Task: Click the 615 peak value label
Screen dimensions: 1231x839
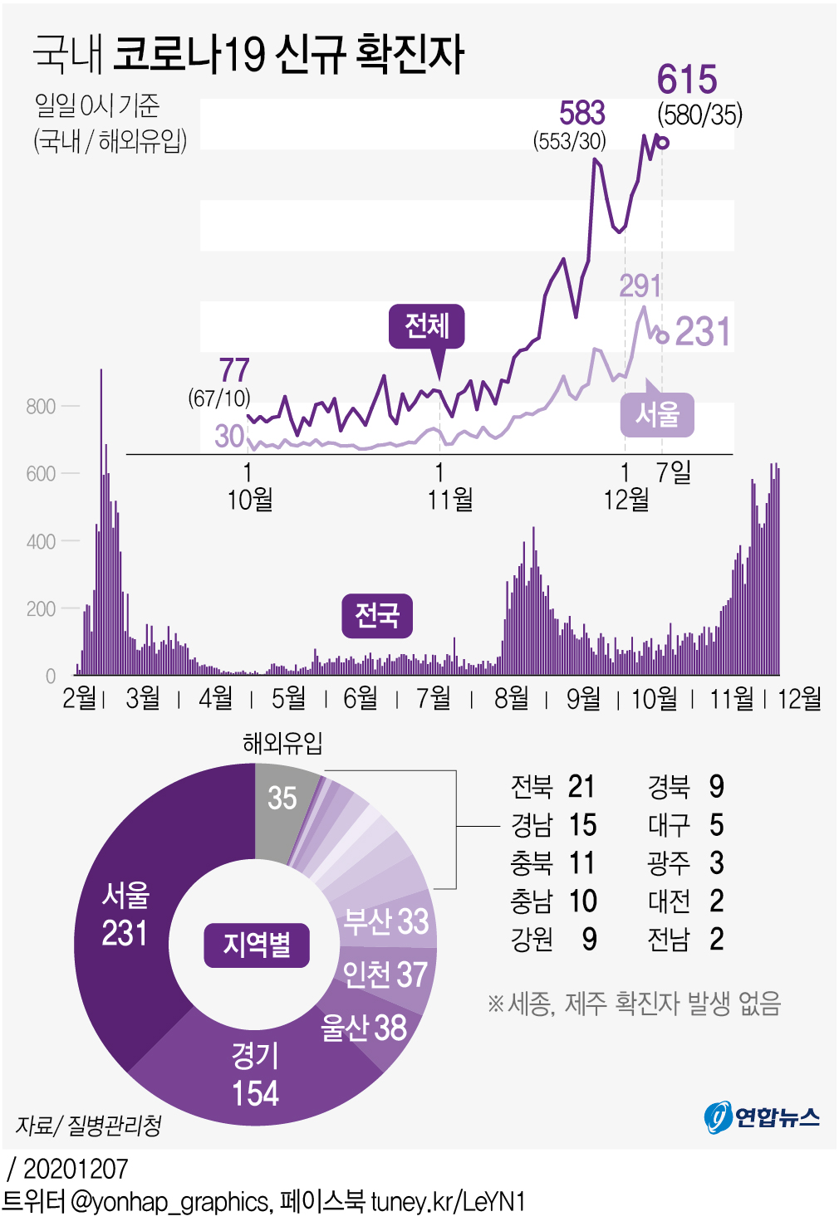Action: pos(687,81)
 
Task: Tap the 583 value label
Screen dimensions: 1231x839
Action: pos(581,114)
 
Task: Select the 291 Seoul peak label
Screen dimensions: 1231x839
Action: pos(640,286)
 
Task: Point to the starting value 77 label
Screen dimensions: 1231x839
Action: pos(234,370)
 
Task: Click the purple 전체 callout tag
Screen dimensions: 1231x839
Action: pos(427,325)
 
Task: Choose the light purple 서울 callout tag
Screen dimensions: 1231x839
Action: pos(657,414)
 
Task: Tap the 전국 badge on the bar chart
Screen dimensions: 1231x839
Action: pos(377,616)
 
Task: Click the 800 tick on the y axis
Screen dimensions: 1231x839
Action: pos(41,407)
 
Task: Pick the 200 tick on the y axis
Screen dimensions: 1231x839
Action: pos(41,609)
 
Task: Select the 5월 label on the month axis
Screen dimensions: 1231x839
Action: pos(288,698)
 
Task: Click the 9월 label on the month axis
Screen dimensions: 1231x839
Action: pos(583,698)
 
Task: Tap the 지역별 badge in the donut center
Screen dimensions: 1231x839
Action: pos(257,945)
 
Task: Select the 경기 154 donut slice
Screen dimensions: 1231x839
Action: pos(255,1075)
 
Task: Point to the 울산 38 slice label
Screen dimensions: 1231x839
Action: pos(364,1028)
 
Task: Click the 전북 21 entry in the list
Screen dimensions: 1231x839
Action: pos(552,786)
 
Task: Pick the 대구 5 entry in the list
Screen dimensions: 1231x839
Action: pos(685,824)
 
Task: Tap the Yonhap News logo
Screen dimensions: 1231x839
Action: pos(762,1117)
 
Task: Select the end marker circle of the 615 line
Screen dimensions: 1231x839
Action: pos(662,143)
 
